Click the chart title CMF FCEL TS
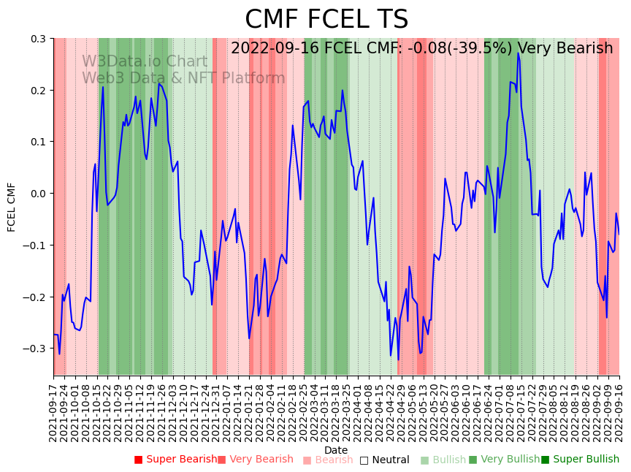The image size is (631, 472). click(326, 20)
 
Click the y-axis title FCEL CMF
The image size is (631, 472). click(12, 207)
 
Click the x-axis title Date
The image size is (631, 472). click(336, 450)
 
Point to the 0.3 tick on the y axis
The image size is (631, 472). click(38, 39)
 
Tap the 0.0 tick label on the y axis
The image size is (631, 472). click(38, 194)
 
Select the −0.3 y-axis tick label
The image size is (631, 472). click(35, 349)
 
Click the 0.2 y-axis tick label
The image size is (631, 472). click(38, 91)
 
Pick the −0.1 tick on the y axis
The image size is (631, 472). click(35, 245)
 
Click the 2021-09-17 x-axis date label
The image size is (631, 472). click(53, 414)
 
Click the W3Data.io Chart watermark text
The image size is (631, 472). click(145, 61)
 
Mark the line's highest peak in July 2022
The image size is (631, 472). click(518, 53)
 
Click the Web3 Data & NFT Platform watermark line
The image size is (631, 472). click(183, 78)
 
